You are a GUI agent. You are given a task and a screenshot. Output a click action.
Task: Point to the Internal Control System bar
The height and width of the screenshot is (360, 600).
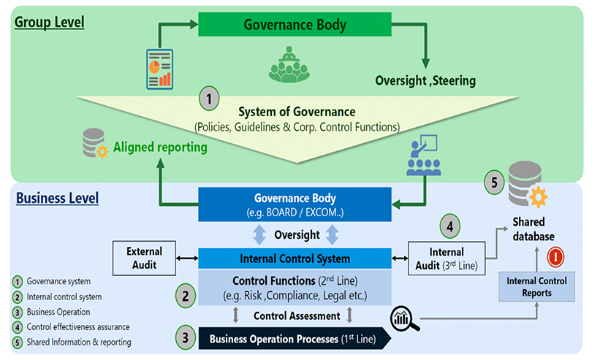[x=295, y=258]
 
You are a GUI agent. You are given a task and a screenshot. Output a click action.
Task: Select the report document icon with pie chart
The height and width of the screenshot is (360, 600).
[x=160, y=68]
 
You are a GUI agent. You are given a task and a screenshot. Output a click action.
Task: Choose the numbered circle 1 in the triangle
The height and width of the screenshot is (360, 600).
[x=209, y=97]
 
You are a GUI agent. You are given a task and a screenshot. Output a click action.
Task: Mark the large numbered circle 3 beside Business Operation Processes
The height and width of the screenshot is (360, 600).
[x=186, y=338]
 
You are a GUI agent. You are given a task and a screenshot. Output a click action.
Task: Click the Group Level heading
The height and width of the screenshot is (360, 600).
[x=50, y=22]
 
